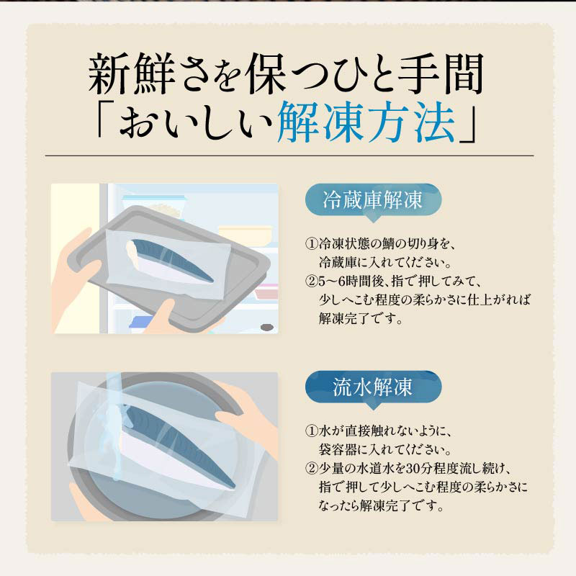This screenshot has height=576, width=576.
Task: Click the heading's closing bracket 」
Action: coord(472,130)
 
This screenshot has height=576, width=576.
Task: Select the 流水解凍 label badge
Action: coord(373,387)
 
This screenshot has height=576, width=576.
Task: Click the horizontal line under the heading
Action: coord(288,156)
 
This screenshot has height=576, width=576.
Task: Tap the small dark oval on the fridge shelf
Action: coord(266,328)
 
